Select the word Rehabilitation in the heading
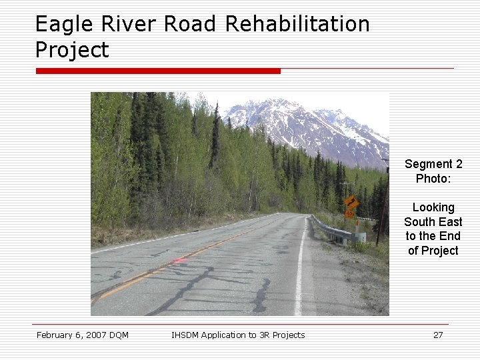pyautogui.click(x=297, y=24)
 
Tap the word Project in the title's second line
pyautogui.click(x=72, y=50)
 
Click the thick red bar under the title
pyautogui.click(x=158, y=71)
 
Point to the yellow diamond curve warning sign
pyautogui.click(x=351, y=202)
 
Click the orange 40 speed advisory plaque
pyautogui.click(x=349, y=214)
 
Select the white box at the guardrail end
pyautogui.click(x=361, y=237)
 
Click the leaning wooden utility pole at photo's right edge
pyautogui.click(x=382, y=207)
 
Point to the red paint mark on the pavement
pyautogui.click(x=179, y=260)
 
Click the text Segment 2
pyautogui.click(x=433, y=164)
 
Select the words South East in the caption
pyautogui.click(x=433, y=222)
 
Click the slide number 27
pyautogui.click(x=438, y=335)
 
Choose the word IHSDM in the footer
pyautogui.click(x=185, y=335)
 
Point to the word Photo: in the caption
pyautogui.click(x=433, y=179)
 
